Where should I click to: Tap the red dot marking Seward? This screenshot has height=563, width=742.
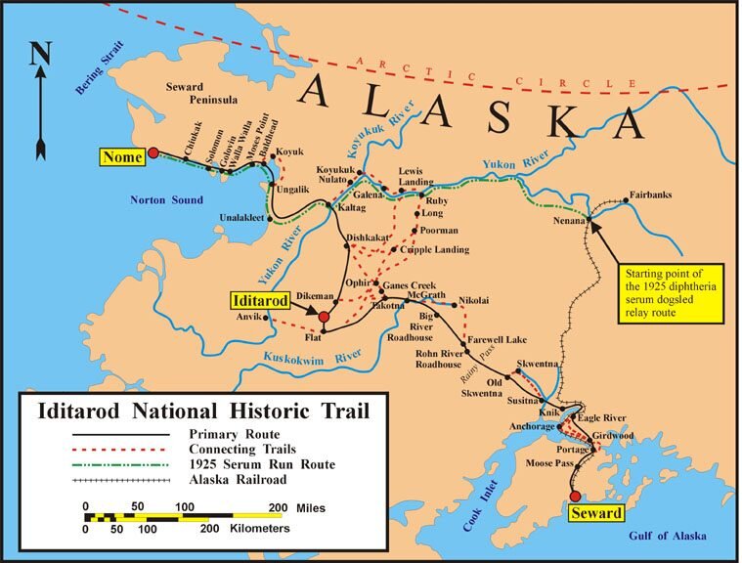tap(576, 496)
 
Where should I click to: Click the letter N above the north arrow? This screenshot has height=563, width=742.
tap(39, 54)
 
